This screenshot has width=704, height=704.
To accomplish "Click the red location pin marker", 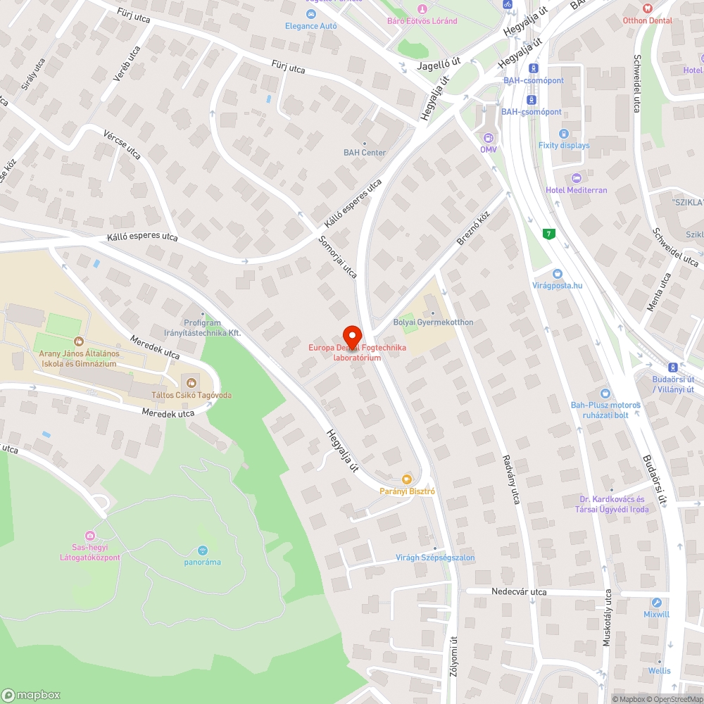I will pyautogui.click(x=351, y=334).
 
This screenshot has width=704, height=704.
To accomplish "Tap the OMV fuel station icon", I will pyautogui.click(x=488, y=137).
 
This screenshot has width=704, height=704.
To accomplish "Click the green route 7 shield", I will pyautogui.click(x=548, y=234).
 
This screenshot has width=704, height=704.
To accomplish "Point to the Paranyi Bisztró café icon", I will pyautogui.click(x=406, y=479).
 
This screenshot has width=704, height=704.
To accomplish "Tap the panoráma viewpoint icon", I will pyautogui.click(x=203, y=550).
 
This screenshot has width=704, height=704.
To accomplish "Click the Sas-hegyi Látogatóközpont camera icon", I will pyautogui.click(x=89, y=536).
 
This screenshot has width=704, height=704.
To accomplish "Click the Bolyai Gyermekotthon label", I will pyautogui.click(x=433, y=322).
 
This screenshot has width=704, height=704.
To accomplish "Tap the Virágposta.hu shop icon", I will pyautogui.click(x=557, y=273).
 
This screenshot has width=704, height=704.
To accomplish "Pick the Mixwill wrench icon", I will pyautogui.click(x=656, y=603).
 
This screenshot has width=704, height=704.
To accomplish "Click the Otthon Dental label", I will pyautogui.click(x=647, y=20).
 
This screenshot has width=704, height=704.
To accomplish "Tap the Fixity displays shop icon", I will pyautogui.click(x=563, y=134).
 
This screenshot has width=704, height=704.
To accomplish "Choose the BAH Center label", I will pyautogui.click(x=364, y=152).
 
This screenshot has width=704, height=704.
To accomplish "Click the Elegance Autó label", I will pyautogui.click(x=310, y=26).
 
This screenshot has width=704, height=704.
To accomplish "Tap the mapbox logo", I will pyautogui.click(x=32, y=694).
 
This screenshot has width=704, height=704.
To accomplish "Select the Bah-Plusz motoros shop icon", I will pyautogui.click(x=605, y=394).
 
